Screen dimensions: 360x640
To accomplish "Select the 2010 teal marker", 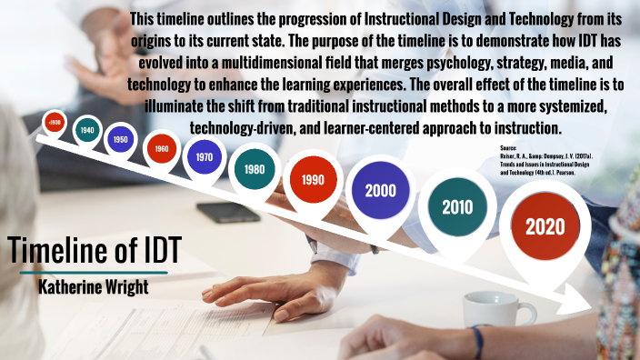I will [457, 206].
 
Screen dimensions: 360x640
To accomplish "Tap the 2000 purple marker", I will [380, 190].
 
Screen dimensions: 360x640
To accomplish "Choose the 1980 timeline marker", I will [255, 168].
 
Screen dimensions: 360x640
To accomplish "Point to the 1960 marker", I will [161, 148].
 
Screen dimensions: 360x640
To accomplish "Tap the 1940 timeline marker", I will [87, 130].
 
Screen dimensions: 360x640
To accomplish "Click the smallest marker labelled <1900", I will [55, 121].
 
